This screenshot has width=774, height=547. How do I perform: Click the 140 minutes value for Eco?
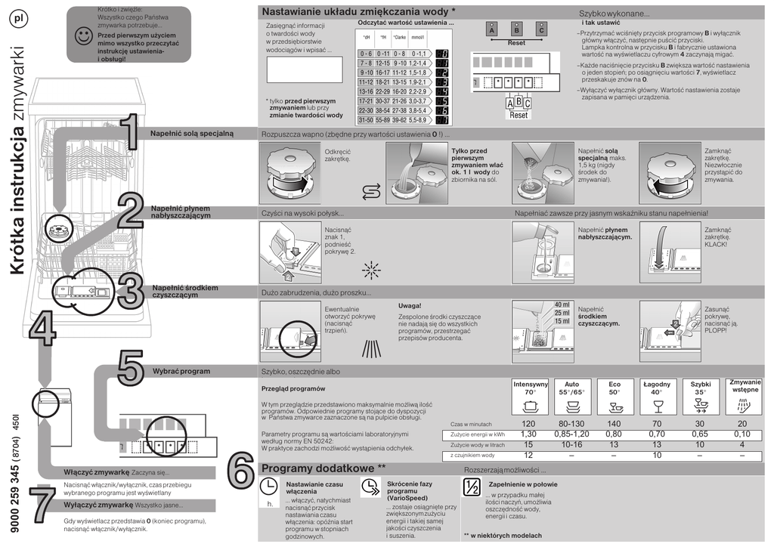click(614, 424)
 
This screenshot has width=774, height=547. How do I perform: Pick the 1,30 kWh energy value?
click(528, 434)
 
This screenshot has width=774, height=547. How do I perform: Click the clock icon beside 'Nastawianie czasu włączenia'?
click(268, 487)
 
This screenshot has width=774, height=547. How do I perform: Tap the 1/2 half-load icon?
click(472, 487)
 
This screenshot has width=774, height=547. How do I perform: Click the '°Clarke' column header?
click(399, 37)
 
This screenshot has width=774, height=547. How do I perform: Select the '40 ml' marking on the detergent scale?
click(562, 304)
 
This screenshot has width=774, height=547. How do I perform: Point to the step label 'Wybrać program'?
click(181, 372)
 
